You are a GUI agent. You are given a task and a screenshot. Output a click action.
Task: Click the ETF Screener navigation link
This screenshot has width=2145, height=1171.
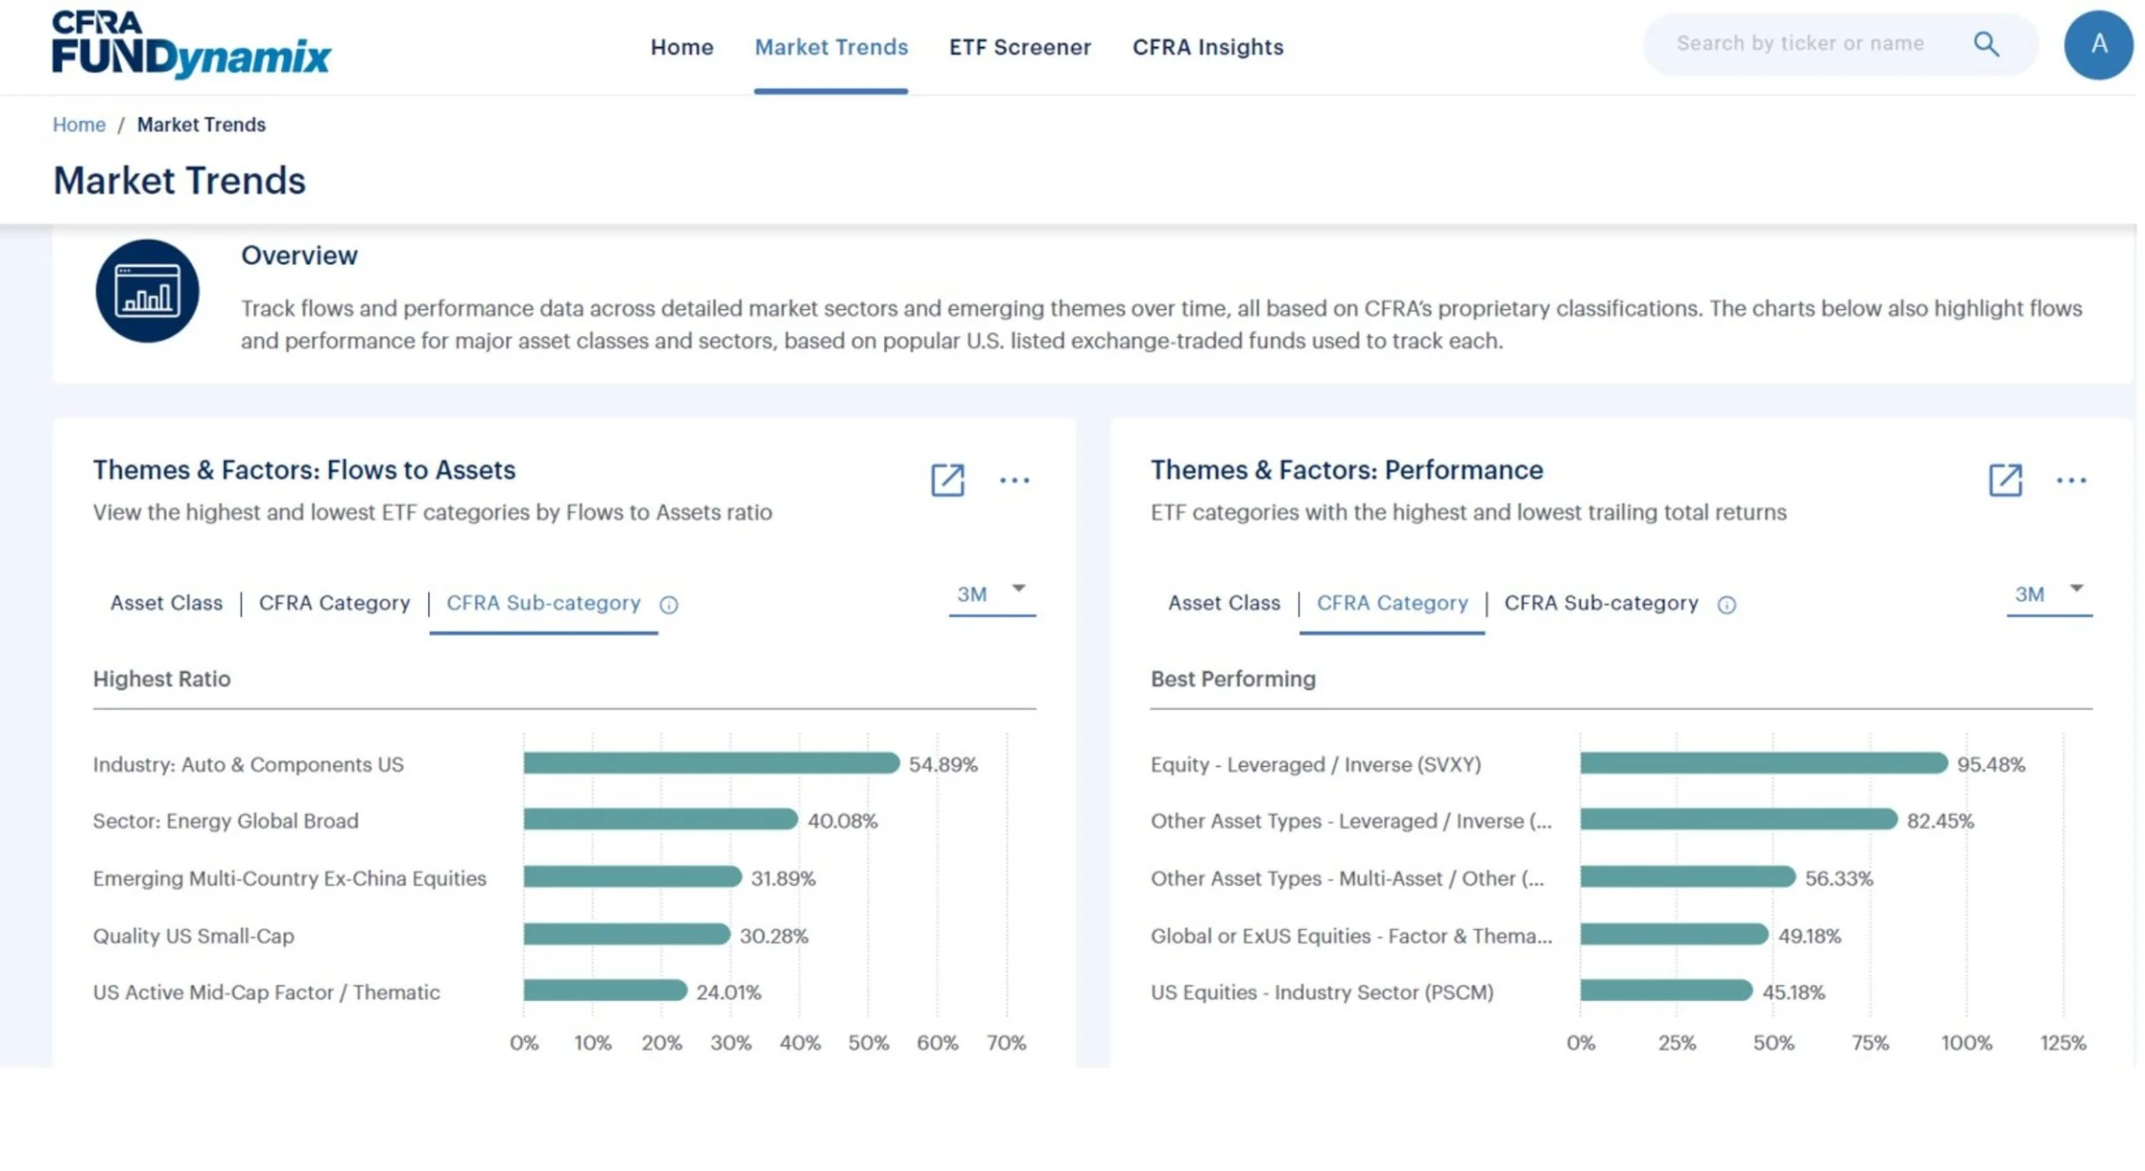click(1020, 47)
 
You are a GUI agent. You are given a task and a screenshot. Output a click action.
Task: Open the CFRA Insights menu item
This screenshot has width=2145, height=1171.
click(1207, 47)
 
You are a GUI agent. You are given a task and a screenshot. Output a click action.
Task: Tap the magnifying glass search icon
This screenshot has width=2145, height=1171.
click(1986, 44)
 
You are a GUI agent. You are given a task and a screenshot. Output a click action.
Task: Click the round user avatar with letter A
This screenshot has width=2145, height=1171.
click(2098, 44)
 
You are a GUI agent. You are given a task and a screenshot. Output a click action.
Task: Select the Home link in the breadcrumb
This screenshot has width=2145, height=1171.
click(79, 124)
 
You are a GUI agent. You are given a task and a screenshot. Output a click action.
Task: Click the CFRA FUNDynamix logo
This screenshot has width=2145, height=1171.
click(191, 44)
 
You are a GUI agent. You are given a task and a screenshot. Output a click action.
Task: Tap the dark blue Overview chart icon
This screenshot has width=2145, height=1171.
click(147, 291)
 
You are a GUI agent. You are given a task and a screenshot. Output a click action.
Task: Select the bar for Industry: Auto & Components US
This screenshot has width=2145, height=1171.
click(711, 763)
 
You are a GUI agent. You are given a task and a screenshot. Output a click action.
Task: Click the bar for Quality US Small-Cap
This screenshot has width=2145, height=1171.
click(627, 934)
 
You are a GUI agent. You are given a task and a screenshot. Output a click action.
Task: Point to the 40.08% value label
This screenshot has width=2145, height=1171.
click(842, 821)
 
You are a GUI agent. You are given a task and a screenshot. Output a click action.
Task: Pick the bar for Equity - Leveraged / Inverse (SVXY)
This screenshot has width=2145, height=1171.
click(1764, 763)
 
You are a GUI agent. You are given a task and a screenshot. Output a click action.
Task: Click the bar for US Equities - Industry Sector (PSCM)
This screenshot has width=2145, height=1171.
click(1667, 991)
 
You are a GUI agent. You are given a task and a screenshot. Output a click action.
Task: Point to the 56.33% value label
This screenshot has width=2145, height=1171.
click(1838, 878)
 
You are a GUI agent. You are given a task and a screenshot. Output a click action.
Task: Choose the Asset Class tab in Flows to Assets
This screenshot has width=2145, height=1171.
click(166, 603)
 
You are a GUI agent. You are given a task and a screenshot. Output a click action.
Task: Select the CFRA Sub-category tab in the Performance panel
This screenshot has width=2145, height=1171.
click(1600, 603)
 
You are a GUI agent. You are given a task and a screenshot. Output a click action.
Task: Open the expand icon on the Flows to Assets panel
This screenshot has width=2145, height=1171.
click(948, 480)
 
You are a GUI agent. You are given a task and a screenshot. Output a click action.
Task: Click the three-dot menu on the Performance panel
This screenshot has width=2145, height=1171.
click(2070, 480)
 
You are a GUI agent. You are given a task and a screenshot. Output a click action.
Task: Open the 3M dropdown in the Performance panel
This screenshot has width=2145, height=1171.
click(2049, 594)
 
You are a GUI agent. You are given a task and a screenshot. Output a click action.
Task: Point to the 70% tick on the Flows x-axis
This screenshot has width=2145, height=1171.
click(1005, 1042)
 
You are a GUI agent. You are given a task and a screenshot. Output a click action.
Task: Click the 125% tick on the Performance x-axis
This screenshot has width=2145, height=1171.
click(2063, 1042)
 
